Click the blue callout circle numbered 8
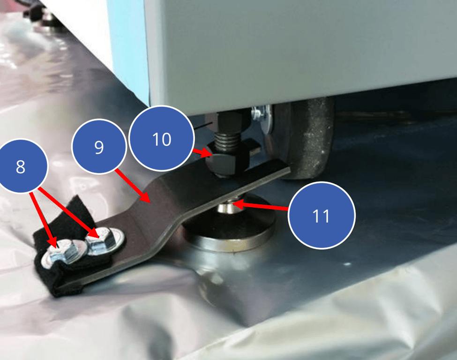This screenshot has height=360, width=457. (x=21, y=166)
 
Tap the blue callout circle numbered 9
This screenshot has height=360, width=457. (x=99, y=146)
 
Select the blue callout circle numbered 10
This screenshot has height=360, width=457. (x=161, y=138)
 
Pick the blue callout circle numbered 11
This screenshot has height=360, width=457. (x=321, y=216)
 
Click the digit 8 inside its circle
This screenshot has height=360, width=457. (x=21, y=166)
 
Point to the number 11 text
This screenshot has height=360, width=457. (x=321, y=216)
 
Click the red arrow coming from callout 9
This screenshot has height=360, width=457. (x=133, y=186)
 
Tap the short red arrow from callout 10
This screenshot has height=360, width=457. (x=202, y=153)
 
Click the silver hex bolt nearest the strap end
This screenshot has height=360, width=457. (x=62, y=254)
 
